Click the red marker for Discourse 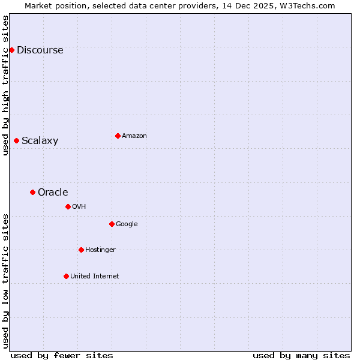(x=11, y=50)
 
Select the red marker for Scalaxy (x=16, y=140)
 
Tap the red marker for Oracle (x=32, y=192)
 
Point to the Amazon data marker (x=118, y=136)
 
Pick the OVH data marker (x=68, y=206)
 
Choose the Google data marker (x=112, y=224)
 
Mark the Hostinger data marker (x=81, y=250)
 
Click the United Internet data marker (x=66, y=276)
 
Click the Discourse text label (x=40, y=50)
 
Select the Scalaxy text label (x=40, y=141)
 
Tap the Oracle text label (x=53, y=193)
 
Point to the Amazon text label (x=134, y=136)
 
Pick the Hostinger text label (x=100, y=250)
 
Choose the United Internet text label (x=95, y=277)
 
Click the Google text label (x=127, y=224)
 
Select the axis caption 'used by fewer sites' (x=62, y=355)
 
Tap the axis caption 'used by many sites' (x=301, y=355)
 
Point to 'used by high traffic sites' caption (x=5, y=85)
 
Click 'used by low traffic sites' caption (x=5, y=281)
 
